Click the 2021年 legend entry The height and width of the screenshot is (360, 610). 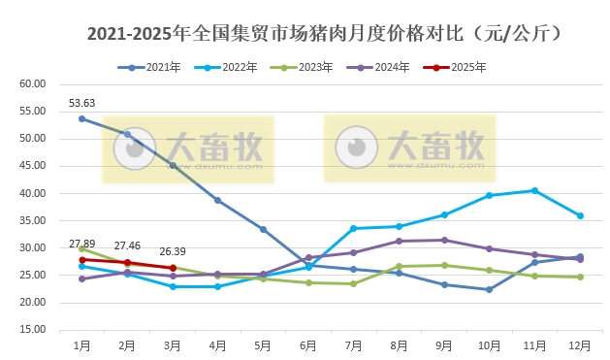tap(154, 67)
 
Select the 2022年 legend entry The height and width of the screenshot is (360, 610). tap(233, 67)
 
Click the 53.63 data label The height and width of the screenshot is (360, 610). tap(81, 103)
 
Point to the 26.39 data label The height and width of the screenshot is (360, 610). tap(173, 251)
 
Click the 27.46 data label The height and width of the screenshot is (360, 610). tap(127, 246)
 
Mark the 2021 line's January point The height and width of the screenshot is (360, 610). tap(81, 118)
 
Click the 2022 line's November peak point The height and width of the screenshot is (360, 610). tap(535, 190)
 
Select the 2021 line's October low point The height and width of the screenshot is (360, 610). tap(490, 289)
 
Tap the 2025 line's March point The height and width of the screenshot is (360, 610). tap(173, 268)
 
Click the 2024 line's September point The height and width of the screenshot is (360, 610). tap(444, 240)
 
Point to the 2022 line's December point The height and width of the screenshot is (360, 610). tap(580, 215)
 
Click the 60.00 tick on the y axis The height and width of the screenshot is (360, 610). tap(33, 83)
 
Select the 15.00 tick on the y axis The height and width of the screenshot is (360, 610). tap(33, 330)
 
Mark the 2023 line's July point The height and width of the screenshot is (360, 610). tap(353, 283)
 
